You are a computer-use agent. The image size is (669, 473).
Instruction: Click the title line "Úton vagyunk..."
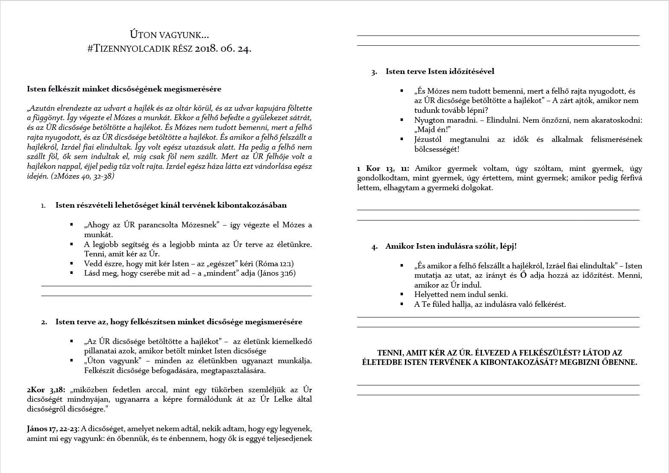coord(170,35)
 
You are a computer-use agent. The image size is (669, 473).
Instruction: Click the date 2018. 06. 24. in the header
coord(223,49)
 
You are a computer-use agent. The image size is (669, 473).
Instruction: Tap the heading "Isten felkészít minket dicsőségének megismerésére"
coord(124,89)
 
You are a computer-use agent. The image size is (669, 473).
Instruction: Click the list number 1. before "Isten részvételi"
coord(44,206)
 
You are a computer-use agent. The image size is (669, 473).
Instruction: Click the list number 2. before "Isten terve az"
coord(44,322)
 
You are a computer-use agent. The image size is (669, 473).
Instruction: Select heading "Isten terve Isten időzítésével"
coord(440,71)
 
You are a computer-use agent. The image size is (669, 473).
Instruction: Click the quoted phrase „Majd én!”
coord(433,129)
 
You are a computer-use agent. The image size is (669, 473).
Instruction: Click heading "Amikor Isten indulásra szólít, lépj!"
coord(451,247)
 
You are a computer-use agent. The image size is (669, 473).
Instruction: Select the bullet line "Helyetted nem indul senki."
coord(461,294)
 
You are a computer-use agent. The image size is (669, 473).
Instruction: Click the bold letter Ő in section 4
coord(523,275)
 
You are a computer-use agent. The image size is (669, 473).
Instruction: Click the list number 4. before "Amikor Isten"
coord(374,247)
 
